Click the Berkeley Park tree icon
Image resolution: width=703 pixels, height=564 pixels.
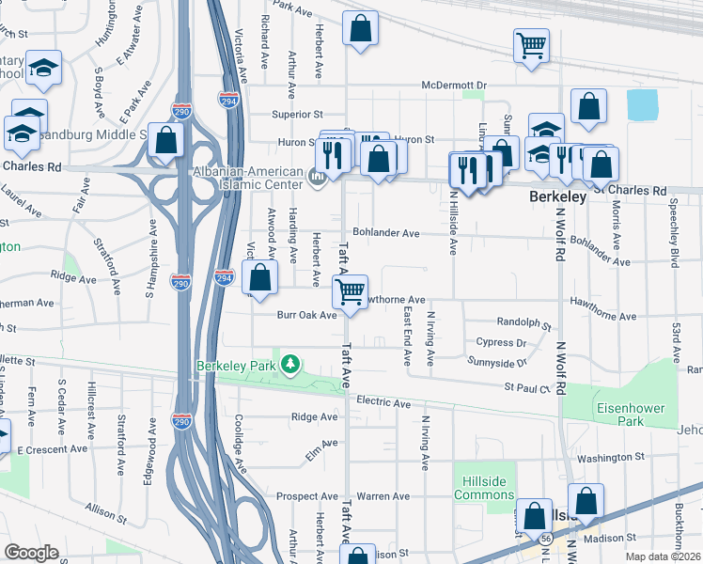[x=291, y=364]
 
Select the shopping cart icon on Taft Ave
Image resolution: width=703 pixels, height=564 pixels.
[x=351, y=291]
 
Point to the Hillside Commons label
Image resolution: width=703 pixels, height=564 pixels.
[x=484, y=488]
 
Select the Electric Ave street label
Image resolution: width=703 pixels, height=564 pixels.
[x=383, y=403]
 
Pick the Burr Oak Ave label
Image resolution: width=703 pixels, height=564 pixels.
[x=305, y=315]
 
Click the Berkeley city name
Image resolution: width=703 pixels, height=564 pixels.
[x=558, y=197]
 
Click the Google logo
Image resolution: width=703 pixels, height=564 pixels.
[x=33, y=552]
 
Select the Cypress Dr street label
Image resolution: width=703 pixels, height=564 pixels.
[x=501, y=343]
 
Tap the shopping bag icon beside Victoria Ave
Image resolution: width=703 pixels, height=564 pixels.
[x=260, y=277]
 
